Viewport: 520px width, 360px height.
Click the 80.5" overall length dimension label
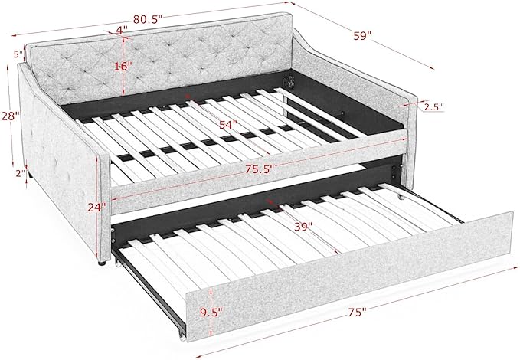[x=148, y=20]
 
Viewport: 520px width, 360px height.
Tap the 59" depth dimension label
[x=361, y=35]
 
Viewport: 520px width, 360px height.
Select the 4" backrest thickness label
[x=122, y=30]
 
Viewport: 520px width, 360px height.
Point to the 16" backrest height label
[x=121, y=66]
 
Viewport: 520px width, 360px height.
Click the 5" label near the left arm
[x=18, y=54]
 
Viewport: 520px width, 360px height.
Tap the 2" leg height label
[x=21, y=173]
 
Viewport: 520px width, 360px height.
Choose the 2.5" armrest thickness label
[x=433, y=106]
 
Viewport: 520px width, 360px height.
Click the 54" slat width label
[x=228, y=124]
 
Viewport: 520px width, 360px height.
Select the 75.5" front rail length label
[x=260, y=169]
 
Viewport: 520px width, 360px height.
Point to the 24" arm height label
[x=96, y=207]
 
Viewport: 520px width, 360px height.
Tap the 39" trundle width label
[x=303, y=227]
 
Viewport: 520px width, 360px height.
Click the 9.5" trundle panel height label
[x=211, y=313]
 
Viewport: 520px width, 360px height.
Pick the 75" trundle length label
[x=357, y=313]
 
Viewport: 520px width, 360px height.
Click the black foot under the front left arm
[x=102, y=263]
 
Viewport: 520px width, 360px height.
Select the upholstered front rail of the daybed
[x=259, y=172]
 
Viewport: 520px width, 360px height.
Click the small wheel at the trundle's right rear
[x=402, y=198]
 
